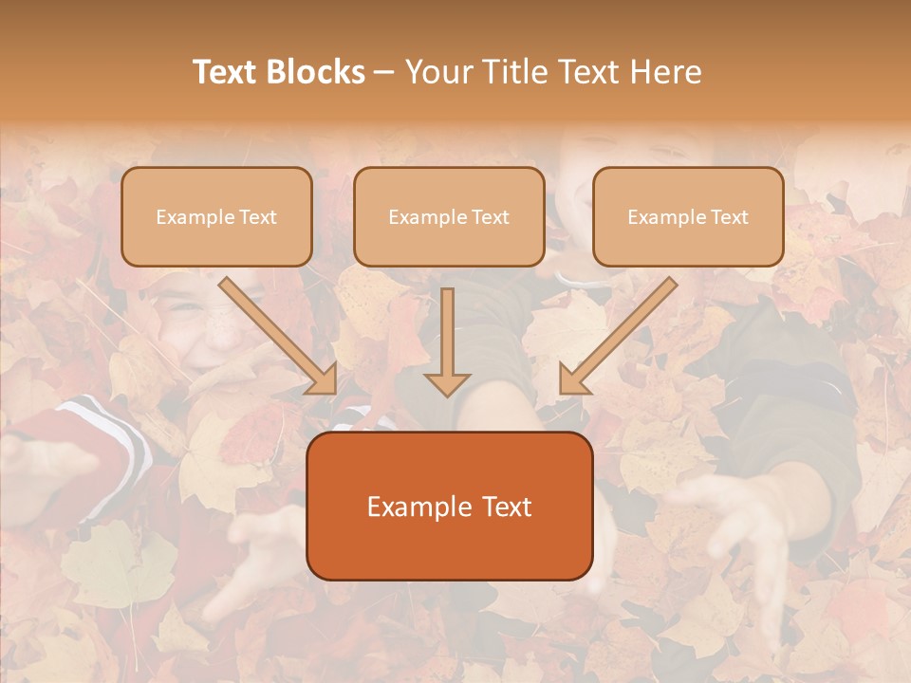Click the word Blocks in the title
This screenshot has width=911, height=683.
318,72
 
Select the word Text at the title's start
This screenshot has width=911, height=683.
226,72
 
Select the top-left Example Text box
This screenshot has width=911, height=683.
216,216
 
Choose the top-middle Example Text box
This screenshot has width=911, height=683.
449,216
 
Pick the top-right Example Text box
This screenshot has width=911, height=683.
688,216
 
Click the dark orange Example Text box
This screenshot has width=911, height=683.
449,506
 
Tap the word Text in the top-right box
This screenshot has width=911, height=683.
729,217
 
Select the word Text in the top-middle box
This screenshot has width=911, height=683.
490,217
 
